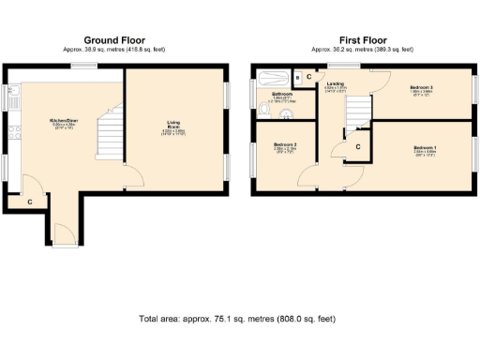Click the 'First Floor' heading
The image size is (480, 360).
point(365,40)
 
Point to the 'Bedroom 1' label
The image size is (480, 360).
point(424,147)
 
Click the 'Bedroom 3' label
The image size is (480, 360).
point(421,87)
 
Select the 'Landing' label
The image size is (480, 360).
point(335,84)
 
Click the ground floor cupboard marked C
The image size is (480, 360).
point(29,202)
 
